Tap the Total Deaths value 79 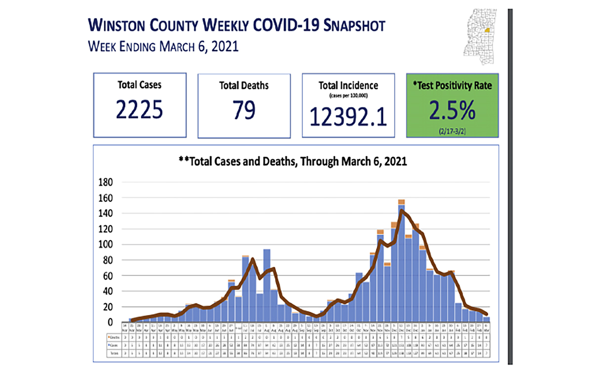[x=244, y=111]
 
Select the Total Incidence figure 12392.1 [x=348, y=116]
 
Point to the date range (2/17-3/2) [x=452, y=131]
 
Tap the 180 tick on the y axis [x=107, y=183]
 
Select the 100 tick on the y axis [x=107, y=245]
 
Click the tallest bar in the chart [x=401, y=261]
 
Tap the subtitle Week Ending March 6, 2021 [x=163, y=47]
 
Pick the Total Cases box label [x=139, y=85]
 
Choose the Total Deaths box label [x=244, y=85]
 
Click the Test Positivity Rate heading [x=452, y=85]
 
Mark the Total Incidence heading [x=348, y=86]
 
